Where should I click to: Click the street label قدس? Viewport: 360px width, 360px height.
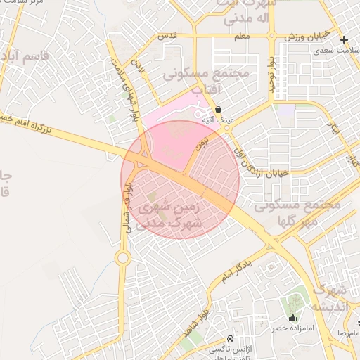[x=167, y=35]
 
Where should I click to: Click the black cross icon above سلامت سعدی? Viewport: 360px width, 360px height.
[x=344, y=39]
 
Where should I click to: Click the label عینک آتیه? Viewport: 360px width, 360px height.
[x=218, y=120]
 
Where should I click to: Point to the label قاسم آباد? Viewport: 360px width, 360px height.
[x=21, y=55]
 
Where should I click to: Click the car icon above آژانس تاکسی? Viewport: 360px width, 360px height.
[x=231, y=337]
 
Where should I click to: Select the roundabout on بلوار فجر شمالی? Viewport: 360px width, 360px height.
[x=123, y=259]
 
